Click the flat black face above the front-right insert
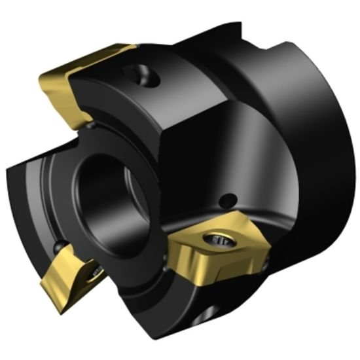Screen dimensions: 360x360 (x=196, y=164)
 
